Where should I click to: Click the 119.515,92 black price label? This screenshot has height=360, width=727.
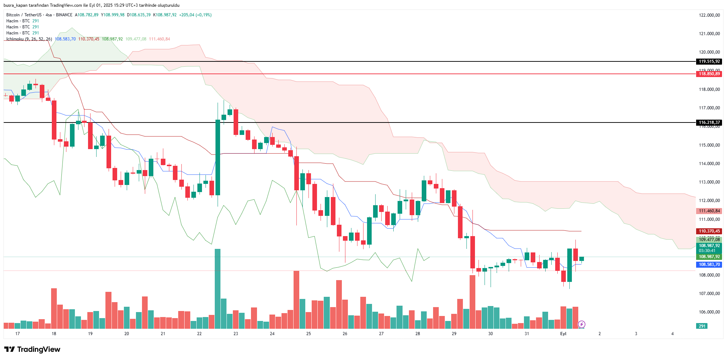pos(709,61)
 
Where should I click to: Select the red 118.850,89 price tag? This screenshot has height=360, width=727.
pos(709,74)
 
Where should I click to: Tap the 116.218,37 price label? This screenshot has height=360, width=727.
pos(709,122)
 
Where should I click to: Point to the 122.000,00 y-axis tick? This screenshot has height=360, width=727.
pos(709,15)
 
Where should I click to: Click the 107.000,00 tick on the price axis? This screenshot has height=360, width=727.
pos(709,294)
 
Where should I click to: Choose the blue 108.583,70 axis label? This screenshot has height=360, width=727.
pos(709,264)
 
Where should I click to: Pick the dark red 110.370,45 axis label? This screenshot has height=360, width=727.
pos(709,231)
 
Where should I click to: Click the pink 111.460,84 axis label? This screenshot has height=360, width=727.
pos(709,211)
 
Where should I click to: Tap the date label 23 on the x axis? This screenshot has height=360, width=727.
pos(236,334)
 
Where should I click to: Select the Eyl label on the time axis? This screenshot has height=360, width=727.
pos(563,334)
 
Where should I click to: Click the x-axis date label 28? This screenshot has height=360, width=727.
pos(417,334)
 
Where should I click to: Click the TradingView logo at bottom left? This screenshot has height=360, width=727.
pos(32,349)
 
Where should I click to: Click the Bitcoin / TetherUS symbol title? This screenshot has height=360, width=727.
pos(24,15)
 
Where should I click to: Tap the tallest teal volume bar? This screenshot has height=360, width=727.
pos(218,288)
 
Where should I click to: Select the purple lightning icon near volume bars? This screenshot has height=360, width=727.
pos(581,324)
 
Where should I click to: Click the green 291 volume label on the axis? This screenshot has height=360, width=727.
pos(702,326)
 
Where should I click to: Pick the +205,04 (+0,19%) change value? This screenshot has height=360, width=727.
pos(195,15)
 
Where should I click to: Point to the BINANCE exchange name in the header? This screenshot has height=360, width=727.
pos(64,15)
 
